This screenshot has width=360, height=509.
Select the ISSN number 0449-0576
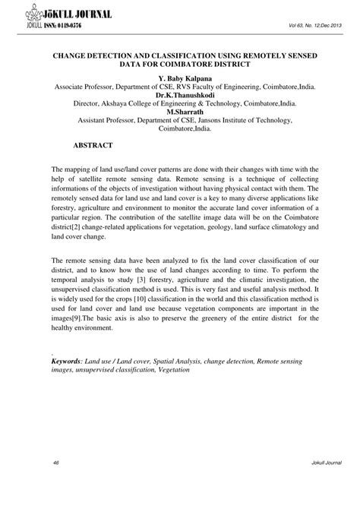click(x=66, y=25)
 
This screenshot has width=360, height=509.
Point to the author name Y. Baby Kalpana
click(x=180, y=78)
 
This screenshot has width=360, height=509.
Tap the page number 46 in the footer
click(x=57, y=484)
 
